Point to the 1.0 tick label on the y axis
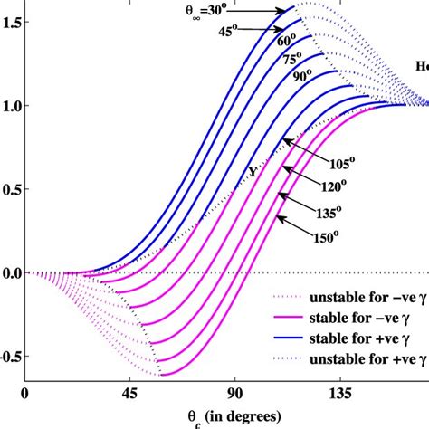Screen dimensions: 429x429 click(12, 105)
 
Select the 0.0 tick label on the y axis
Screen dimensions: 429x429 click(12, 272)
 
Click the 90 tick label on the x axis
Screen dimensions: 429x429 click(235, 394)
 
